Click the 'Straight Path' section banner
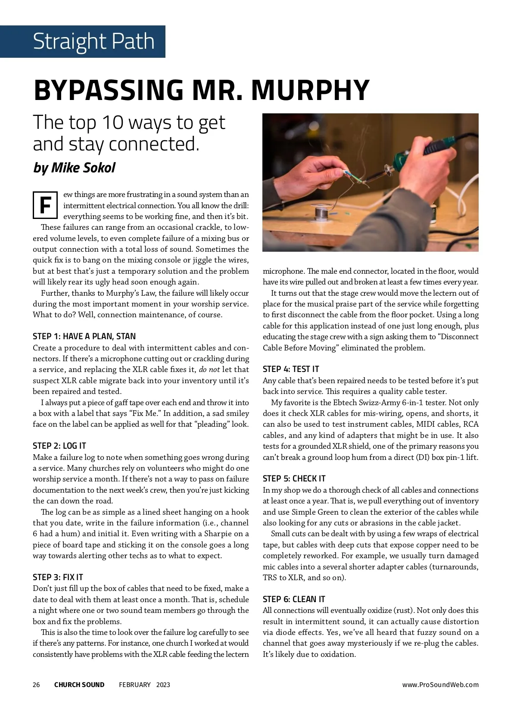93,41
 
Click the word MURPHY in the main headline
310,90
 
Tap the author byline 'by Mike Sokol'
74,167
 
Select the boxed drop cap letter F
45,205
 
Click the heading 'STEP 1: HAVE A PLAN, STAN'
84,336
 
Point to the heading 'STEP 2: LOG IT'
59,446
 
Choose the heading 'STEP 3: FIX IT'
58,577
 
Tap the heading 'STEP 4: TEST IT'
291,369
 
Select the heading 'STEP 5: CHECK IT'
294,478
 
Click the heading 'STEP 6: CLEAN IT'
294,599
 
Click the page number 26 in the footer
36,684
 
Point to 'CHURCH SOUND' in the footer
79,684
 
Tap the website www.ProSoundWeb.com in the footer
440,684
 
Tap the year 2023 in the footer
163,684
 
